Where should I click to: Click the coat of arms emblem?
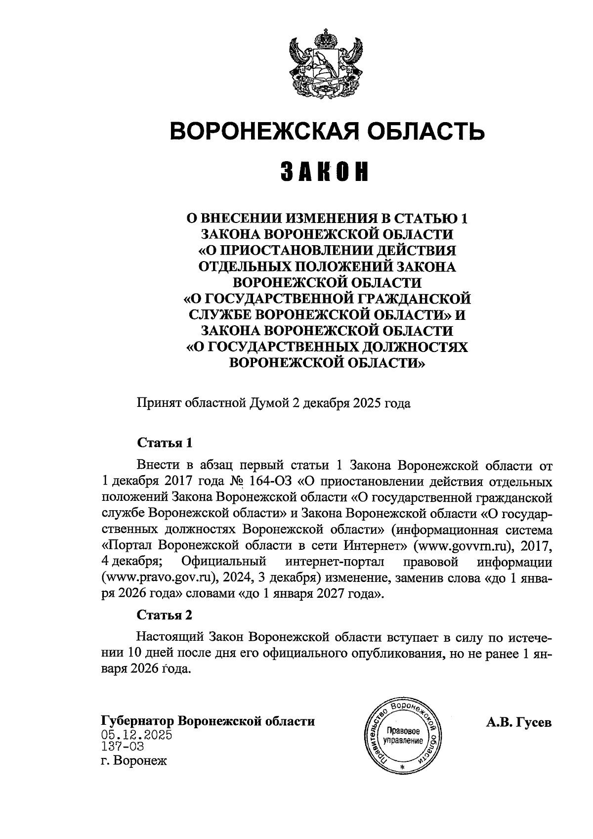click(326, 64)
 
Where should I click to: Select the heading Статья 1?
click(164, 442)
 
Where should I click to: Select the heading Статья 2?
click(164, 616)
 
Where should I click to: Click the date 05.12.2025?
click(136, 734)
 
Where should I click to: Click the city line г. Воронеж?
click(134, 760)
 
